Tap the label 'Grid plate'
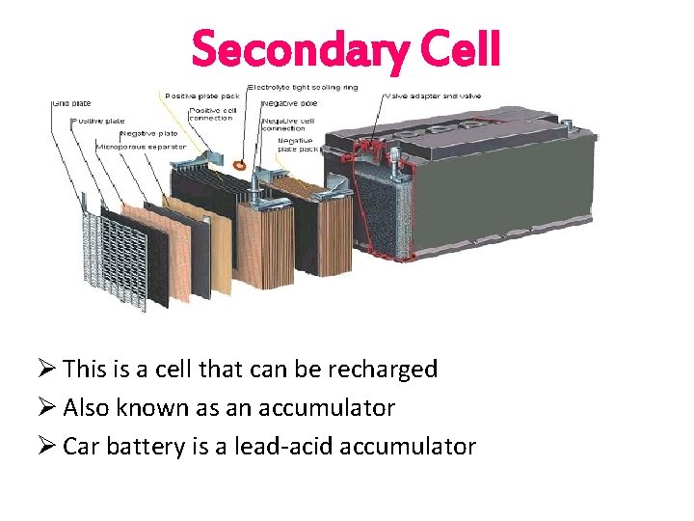click(x=73, y=101)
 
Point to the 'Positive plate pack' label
click(x=201, y=96)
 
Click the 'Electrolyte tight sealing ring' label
click(x=303, y=87)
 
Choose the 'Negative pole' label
click(x=288, y=101)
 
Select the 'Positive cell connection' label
click(x=209, y=114)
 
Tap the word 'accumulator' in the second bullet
click(x=336, y=408)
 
